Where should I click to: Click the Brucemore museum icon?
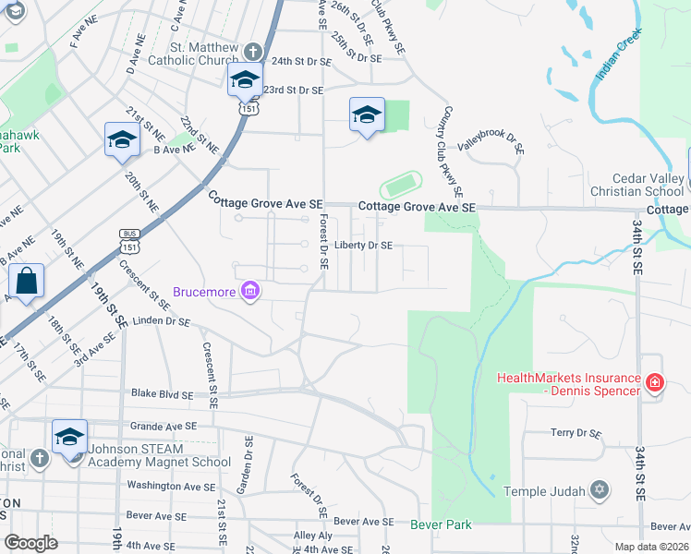249,292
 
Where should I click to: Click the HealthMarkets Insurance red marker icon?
654,381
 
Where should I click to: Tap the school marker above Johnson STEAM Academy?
69,437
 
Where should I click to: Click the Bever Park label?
441,524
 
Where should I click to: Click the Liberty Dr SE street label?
364,246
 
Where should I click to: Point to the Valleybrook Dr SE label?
491,140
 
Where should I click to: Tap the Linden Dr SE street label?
162,322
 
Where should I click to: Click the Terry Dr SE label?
576,432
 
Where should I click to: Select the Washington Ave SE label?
171,486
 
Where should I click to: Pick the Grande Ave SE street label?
164,427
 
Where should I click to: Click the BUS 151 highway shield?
129,241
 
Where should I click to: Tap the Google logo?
30,543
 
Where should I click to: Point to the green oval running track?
399,185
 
